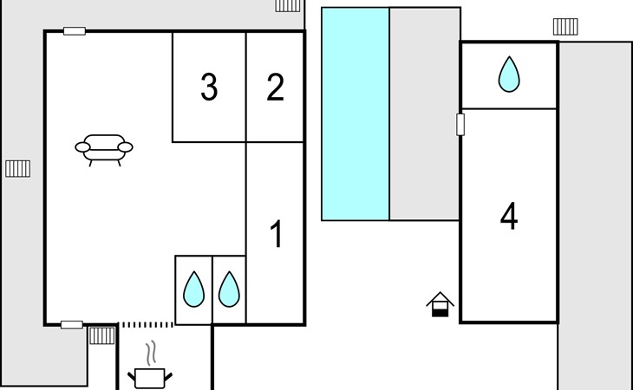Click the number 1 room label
pyautogui.click(x=277, y=235)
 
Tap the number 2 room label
pyautogui.click(x=275, y=88)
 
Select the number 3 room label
pyautogui.click(x=209, y=88)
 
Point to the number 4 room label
pyautogui.click(x=509, y=217)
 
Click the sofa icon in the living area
pyautogui.click(x=105, y=149)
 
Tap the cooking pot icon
pyautogui.click(x=150, y=377)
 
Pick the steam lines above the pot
pyautogui.click(x=151, y=351)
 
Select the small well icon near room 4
pyautogui.click(x=440, y=304)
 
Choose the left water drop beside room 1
pyautogui.click(x=193, y=289)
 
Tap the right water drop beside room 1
pyautogui.click(x=228, y=289)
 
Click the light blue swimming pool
pyautogui.click(x=356, y=114)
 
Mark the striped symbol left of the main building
pyautogui.click(x=18, y=168)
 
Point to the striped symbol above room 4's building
pyautogui.click(x=565, y=27)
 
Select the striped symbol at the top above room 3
pyautogui.click(x=288, y=5)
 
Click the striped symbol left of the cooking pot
pyautogui.click(x=102, y=335)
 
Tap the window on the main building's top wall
pyautogui.click(x=75, y=31)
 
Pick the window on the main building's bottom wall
pyautogui.click(x=72, y=325)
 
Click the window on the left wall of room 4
pyautogui.click(x=460, y=125)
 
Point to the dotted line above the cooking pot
pyautogui.click(x=147, y=325)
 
